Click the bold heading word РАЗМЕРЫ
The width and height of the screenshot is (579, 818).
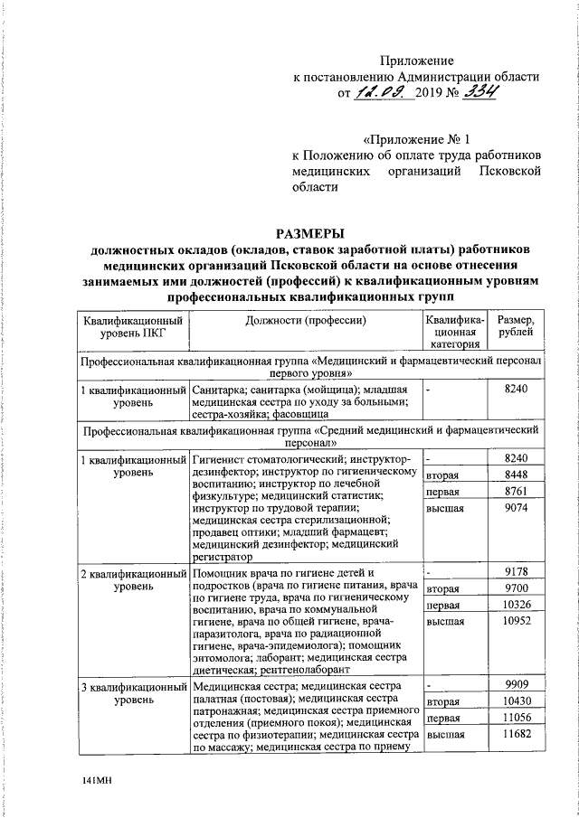point(311,233)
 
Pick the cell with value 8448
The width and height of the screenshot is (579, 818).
point(517,475)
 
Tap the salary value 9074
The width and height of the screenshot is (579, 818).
point(517,508)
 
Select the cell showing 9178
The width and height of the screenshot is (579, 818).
point(517,571)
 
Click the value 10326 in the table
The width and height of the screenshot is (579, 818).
point(517,604)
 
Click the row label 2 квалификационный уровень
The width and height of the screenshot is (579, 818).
point(133,579)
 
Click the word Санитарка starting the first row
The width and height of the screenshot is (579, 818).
point(221,388)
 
